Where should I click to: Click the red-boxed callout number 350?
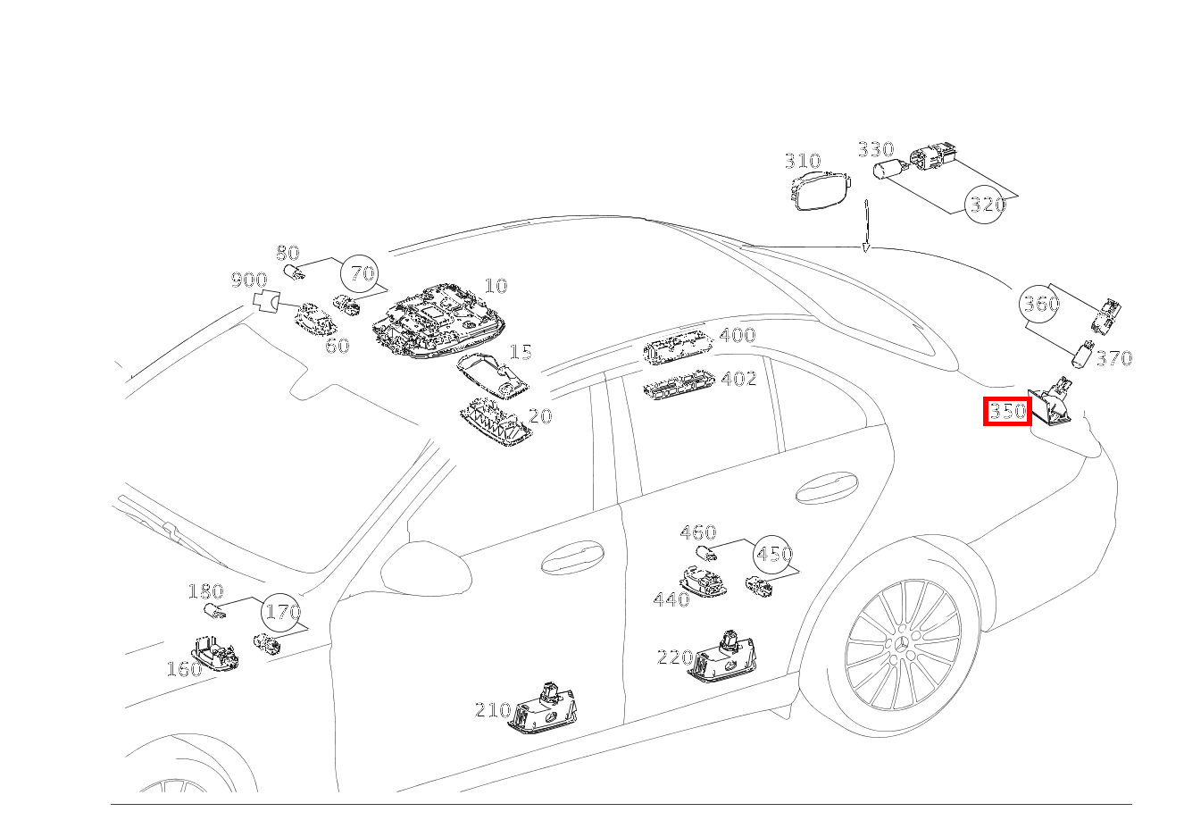pyautogui.click(x=1007, y=411)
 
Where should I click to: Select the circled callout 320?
pyautogui.click(x=985, y=204)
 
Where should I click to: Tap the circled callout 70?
pyautogui.click(x=362, y=274)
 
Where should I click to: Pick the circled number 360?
pyautogui.click(x=1040, y=304)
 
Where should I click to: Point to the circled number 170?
pyautogui.click(x=282, y=612)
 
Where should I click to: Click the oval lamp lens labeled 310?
pyautogui.click(x=821, y=189)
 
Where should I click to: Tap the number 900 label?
pyautogui.click(x=249, y=280)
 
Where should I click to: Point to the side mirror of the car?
pyautogui.click(x=426, y=568)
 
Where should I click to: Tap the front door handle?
pyautogui.click(x=572, y=557)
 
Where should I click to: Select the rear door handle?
pyautogui.click(x=827, y=488)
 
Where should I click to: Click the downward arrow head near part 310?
pyautogui.click(x=866, y=248)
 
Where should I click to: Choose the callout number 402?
pyautogui.click(x=739, y=379)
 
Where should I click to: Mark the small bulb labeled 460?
pyautogui.click(x=706, y=553)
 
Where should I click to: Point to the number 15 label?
pyautogui.click(x=520, y=352)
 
